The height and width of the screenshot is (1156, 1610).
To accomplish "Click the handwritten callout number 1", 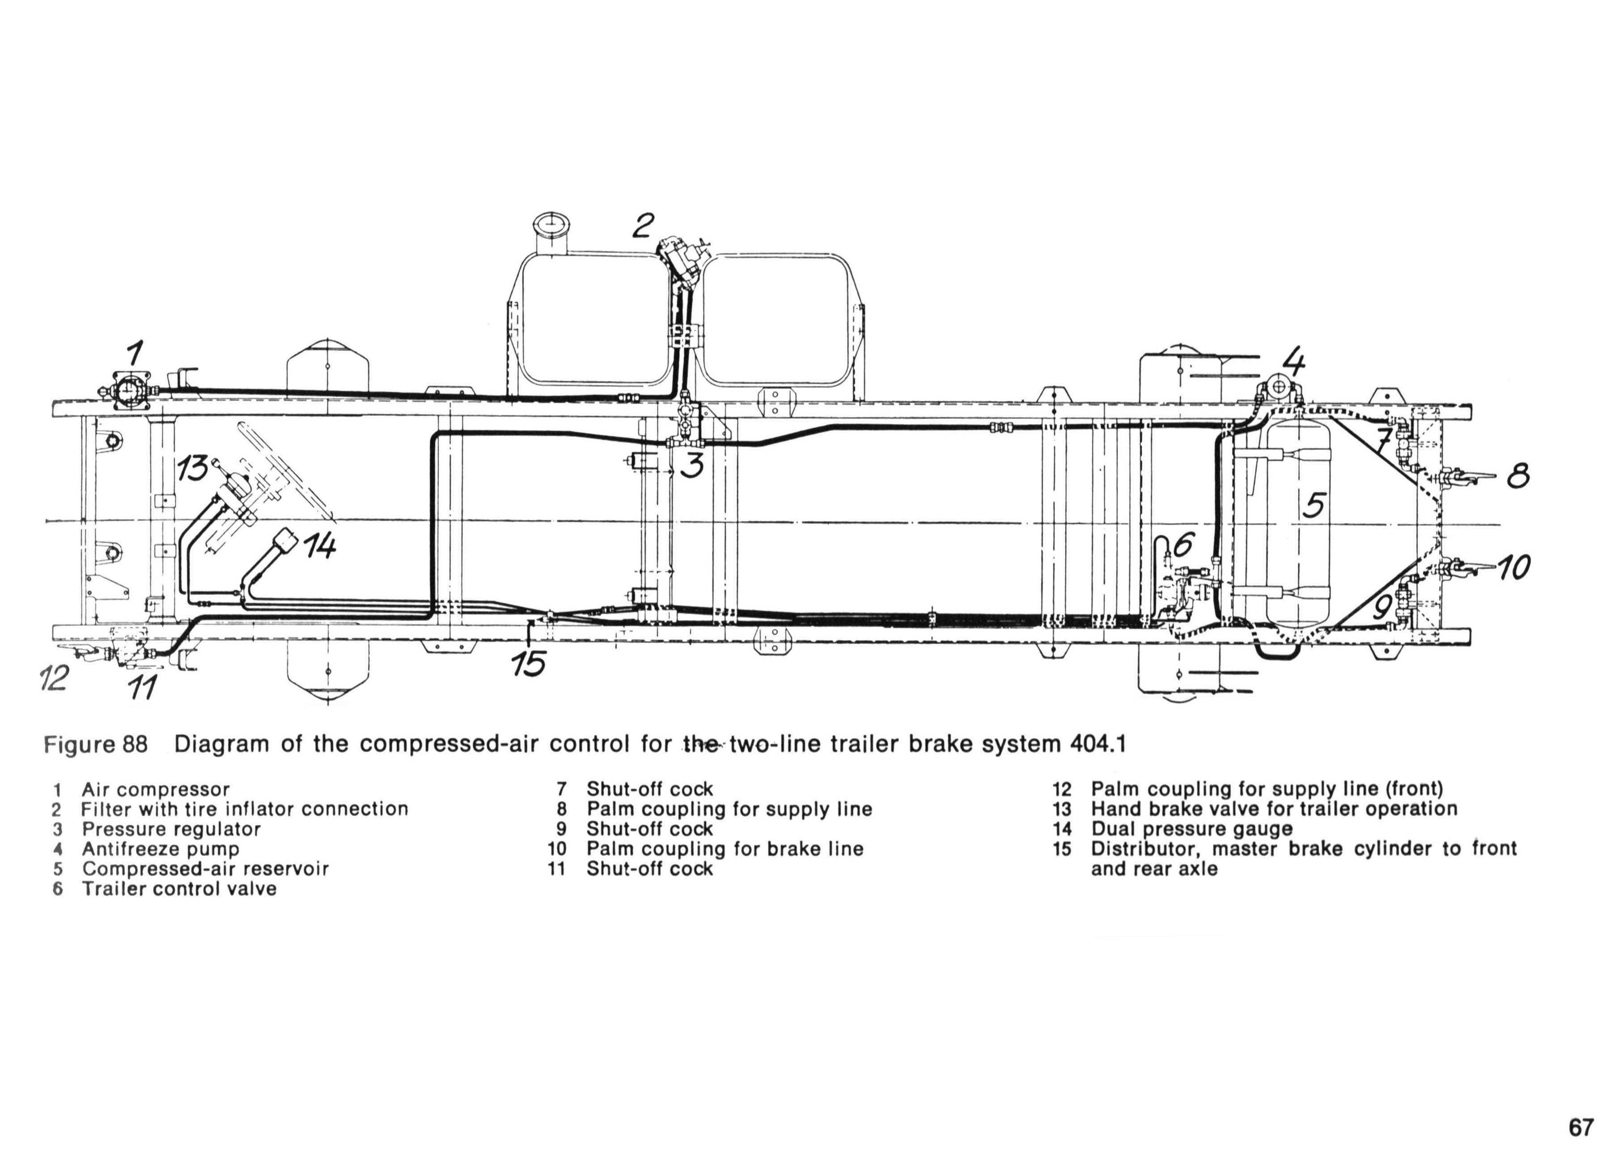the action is [x=135, y=353].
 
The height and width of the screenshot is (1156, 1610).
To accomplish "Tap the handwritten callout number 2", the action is [x=643, y=226].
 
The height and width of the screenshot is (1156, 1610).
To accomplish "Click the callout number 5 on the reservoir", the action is [x=1314, y=505].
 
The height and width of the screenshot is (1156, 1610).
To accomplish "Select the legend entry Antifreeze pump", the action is [x=161, y=849].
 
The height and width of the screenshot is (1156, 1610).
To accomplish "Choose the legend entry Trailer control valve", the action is [x=179, y=889].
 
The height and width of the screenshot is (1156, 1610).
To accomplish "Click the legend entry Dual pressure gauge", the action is [x=1192, y=829].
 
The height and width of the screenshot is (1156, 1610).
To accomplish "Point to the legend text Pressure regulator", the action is [x=171, y=829].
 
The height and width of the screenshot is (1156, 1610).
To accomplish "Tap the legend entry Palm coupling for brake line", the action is [x=725, y=849].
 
